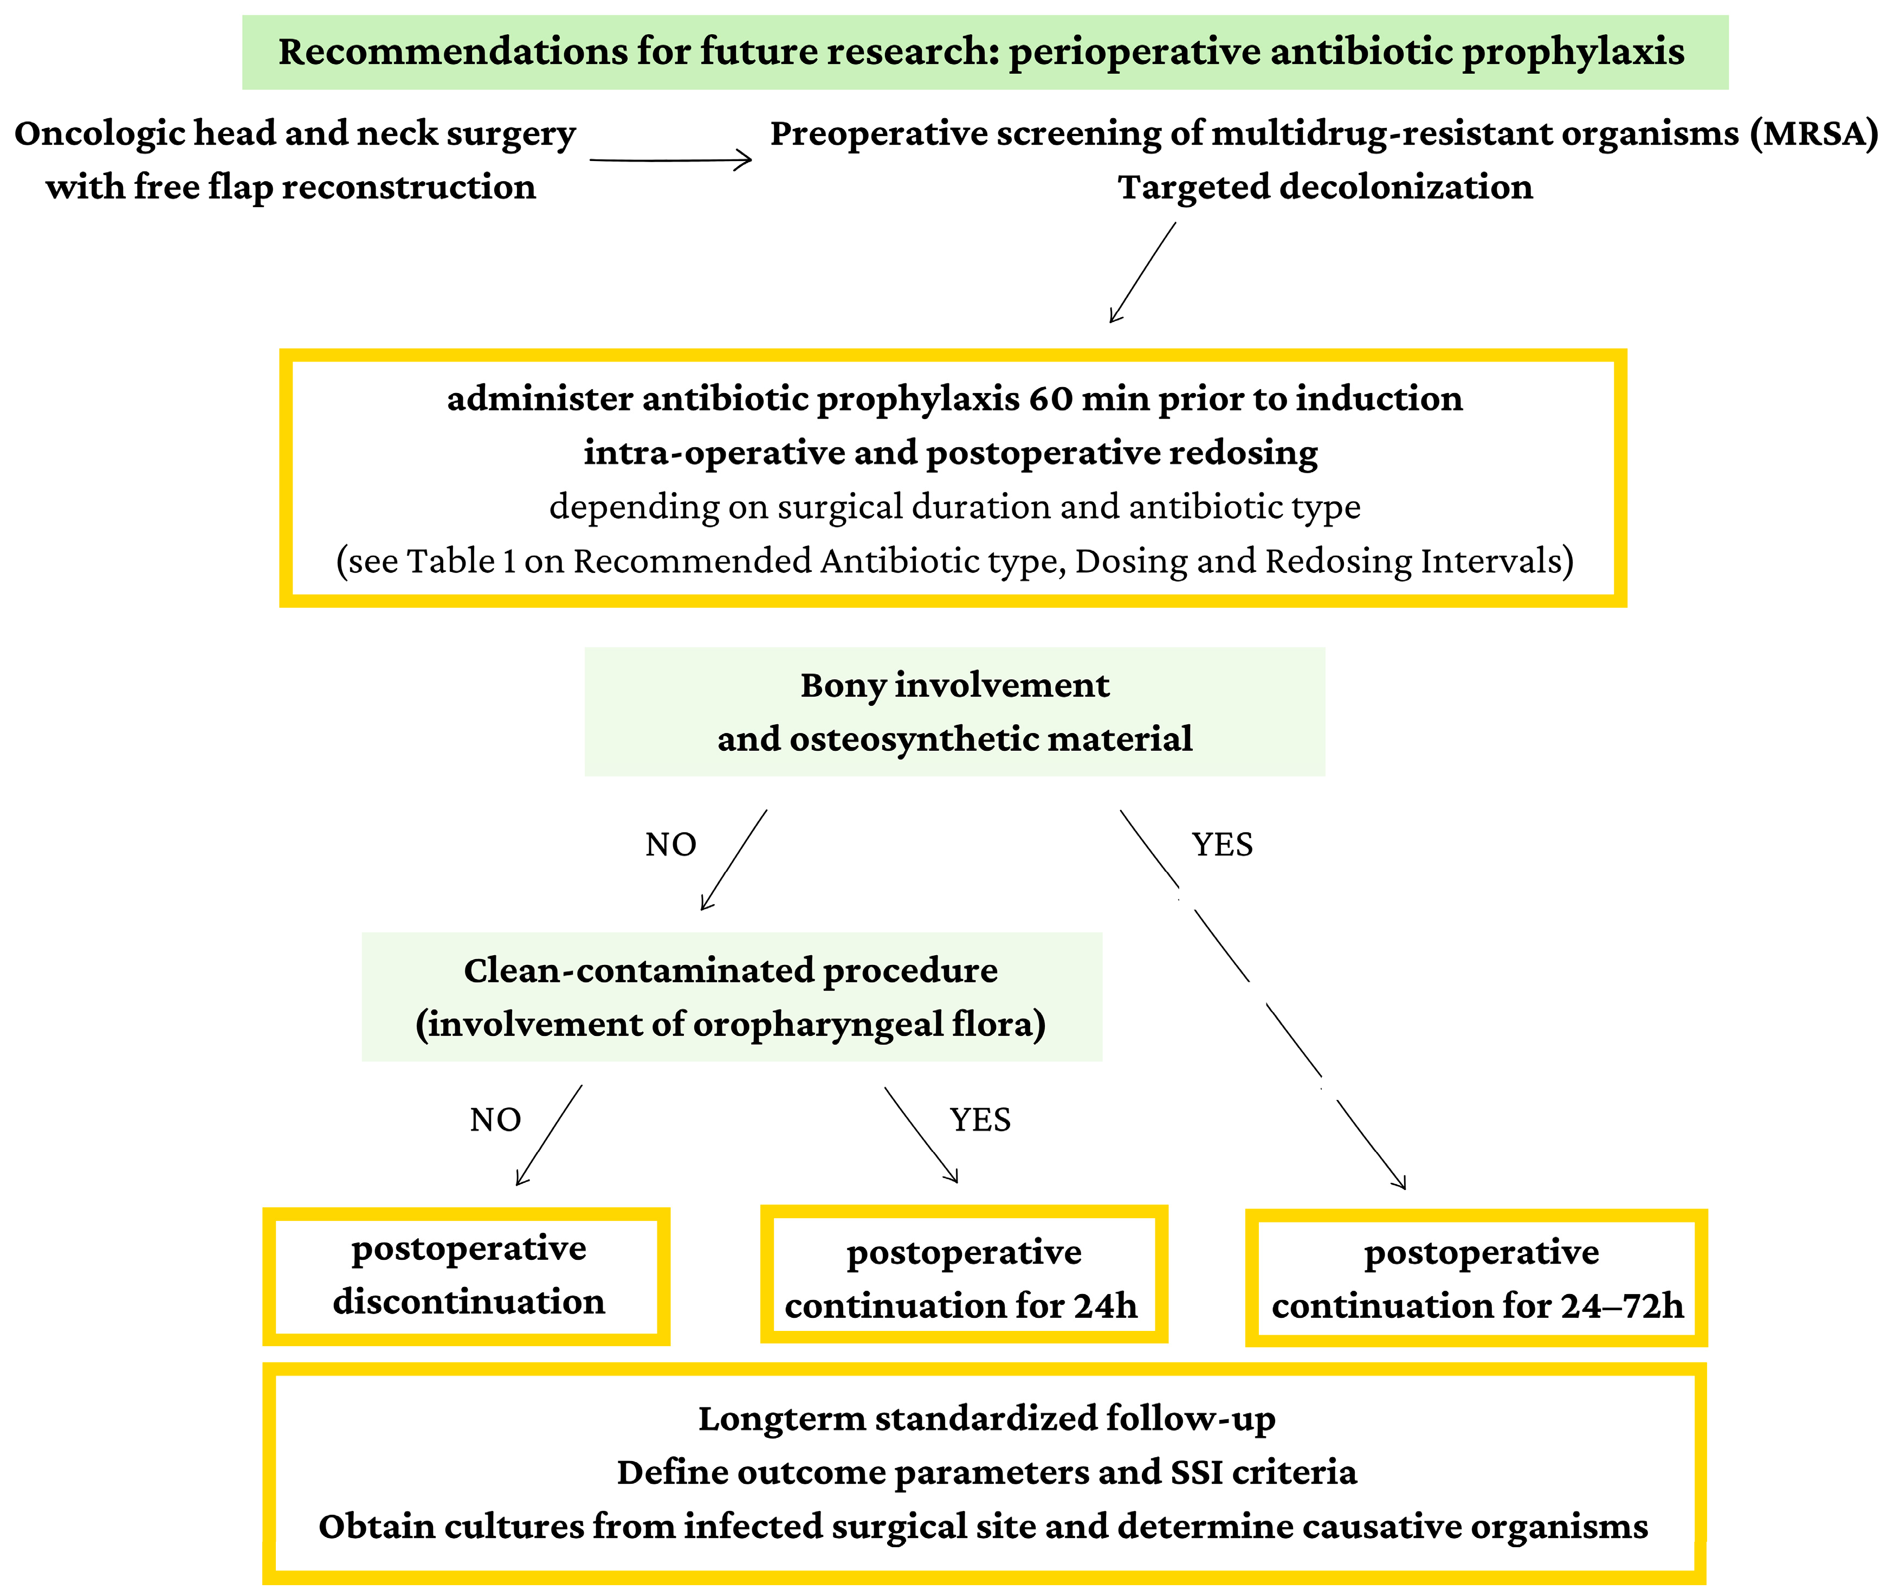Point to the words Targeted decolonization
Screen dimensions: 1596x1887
click(x=1325, y=187)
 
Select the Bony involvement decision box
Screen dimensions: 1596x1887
click(x=954, y=711)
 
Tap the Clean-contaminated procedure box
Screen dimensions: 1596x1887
click(x=731, y=996)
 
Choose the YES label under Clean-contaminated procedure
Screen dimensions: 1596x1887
click(x=980, y=1120)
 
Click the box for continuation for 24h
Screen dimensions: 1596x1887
click(x=964, y=1276)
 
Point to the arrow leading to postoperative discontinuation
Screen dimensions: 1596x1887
click(x=548, y=1136)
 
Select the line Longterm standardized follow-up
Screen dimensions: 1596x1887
click(x=986, y=1419)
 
